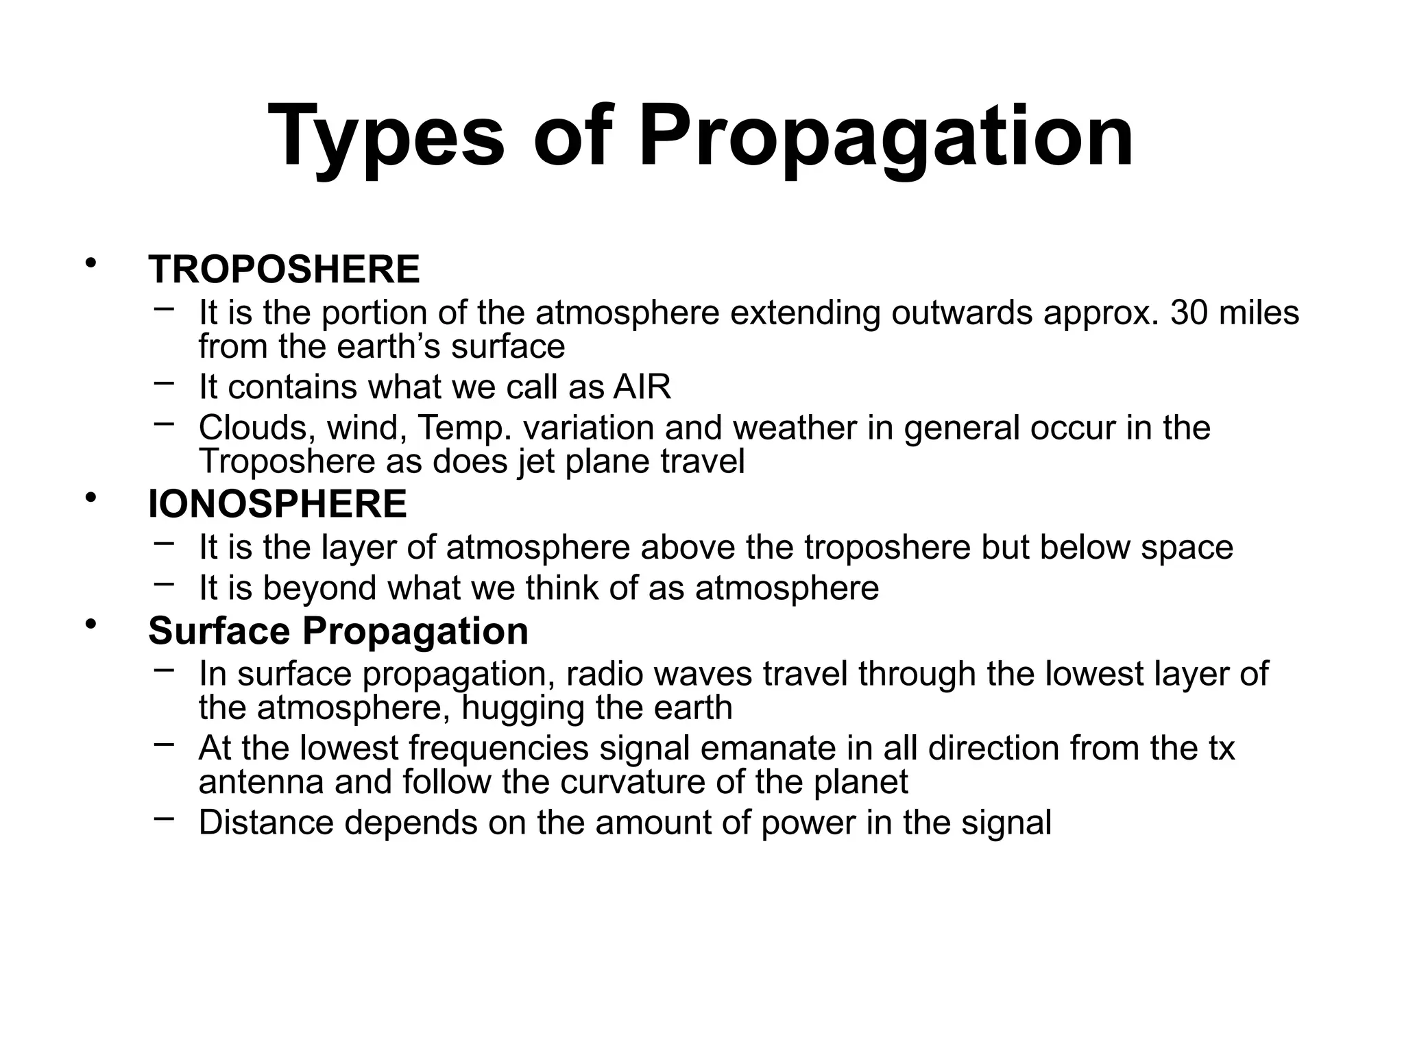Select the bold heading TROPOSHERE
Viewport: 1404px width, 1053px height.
point(284,269)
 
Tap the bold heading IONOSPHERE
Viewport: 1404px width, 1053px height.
point(277,504)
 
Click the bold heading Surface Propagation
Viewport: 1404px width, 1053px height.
point(338,630)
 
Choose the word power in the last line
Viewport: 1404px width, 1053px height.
point(808,823)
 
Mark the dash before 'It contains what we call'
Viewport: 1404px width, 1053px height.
point(164,383)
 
